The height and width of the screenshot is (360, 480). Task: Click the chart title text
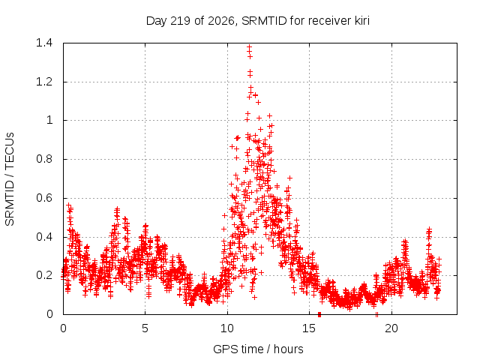pyautogui.click(x=258, y=21)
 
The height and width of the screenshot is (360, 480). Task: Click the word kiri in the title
pyautogui.click(x=361, y=21)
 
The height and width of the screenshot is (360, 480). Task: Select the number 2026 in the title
pyautogui.click(x=220, y=21)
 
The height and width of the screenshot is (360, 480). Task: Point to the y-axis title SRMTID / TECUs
pyautogui.click(x=10, y=179)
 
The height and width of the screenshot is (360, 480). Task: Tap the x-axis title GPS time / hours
pyautogui.click(x=258, y=349)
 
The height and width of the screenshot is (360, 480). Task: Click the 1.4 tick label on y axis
pyautogui.click(x=44, y=43)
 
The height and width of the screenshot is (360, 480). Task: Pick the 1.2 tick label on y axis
pyautogui.click(x=44, y=82)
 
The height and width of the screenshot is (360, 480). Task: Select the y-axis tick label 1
pyautogui.click(x=49, y=120)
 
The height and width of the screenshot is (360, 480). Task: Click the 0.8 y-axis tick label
pyautogui.click(x=44, y=159)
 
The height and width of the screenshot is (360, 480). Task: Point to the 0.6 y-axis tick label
pyautogui.click(x=44, y=198)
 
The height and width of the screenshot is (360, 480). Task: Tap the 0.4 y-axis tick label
pyautogui.click(x=44, y=237)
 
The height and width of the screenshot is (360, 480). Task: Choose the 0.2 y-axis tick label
pyautogui.click(x=44, y=275)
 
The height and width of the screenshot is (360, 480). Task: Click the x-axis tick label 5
pyautogui.click(x=145, y=328)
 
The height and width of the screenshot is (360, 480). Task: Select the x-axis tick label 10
pyautogui.click(x=227, y=328)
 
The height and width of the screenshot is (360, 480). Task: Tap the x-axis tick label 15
pyautogui.click(x=309, y=328)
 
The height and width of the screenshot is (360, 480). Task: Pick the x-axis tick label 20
pyautogui.click(x=391, y=328)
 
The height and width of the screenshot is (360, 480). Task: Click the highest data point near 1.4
pyautogui.click(x=250, y=47)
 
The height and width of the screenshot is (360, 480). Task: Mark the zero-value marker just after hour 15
pyautogui.click(x=319, y=314)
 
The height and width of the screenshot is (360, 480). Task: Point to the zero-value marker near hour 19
pyautogui.click(x=376, y=314)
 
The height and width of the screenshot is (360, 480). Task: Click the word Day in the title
pyautogui.click(x=156, y=21)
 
